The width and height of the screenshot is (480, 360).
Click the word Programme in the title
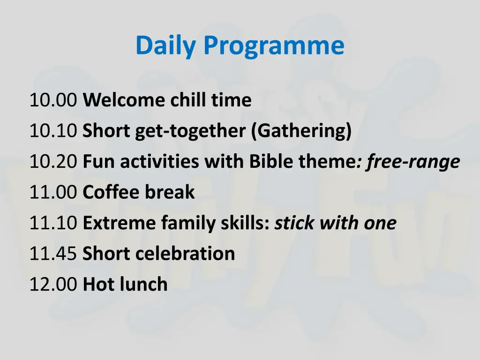(274, 46)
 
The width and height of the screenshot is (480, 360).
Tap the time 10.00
(52, 100)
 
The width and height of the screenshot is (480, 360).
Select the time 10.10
(52, 131)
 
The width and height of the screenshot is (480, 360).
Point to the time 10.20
(52, 162)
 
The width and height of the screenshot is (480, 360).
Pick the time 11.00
(52, 192)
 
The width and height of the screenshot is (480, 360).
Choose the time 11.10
(52, 223)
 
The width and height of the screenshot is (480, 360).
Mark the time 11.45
(52, 254)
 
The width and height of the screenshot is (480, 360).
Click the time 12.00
(52, 285)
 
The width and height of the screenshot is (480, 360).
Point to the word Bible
(267, 162)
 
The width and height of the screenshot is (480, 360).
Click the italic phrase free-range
(413, 162)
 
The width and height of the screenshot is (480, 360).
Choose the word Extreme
(120, 223)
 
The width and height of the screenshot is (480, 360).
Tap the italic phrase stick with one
(335, 223)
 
